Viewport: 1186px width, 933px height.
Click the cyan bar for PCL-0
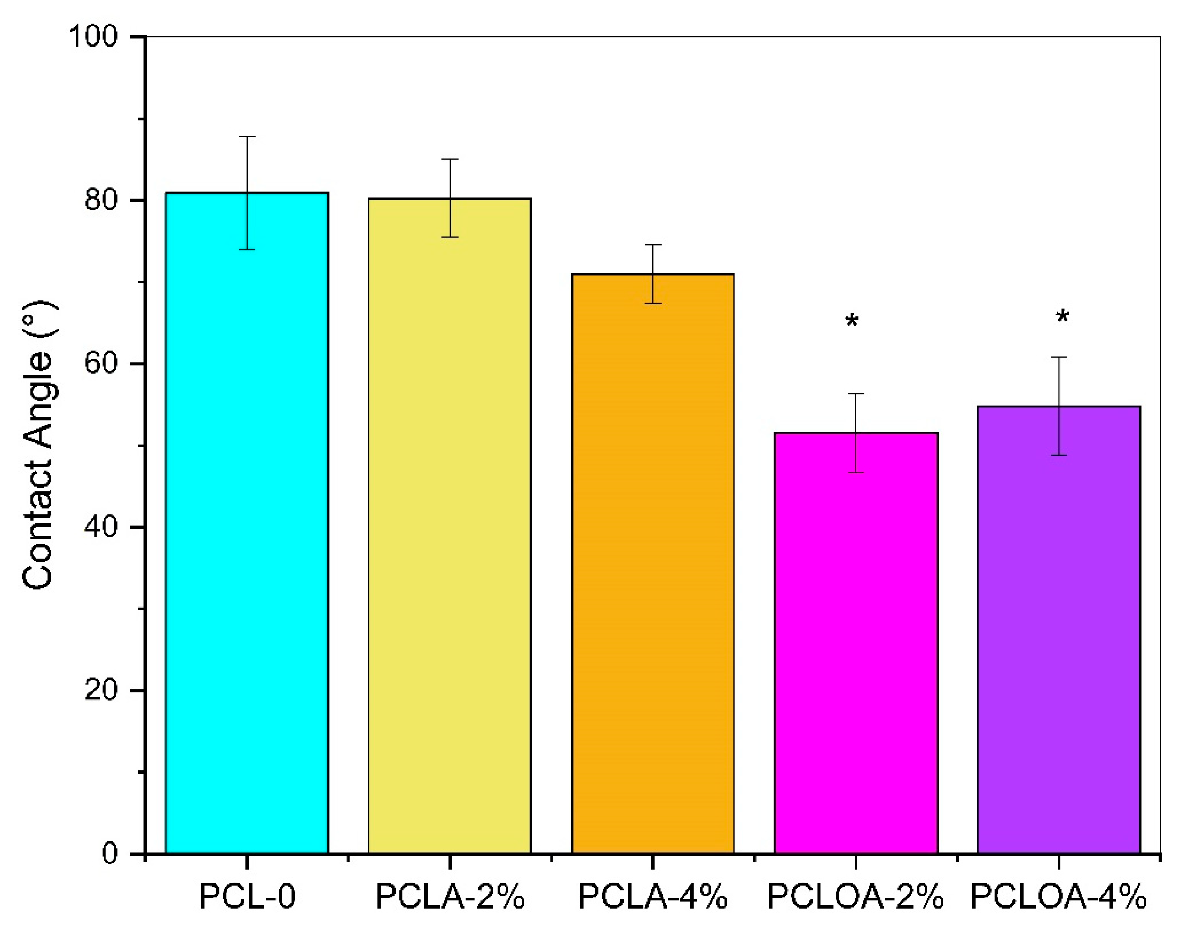coord(247,524)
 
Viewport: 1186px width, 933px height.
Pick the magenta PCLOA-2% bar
coord(856,644)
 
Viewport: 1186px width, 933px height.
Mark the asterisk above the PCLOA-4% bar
coord(1062,317)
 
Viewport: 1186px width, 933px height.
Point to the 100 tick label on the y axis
coord(93,36)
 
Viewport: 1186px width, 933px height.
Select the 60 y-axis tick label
coord(101,363)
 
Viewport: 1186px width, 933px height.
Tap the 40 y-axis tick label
coord(101,527)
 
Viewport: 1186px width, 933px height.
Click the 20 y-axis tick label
coord(101,690)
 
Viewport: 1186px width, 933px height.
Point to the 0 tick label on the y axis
coord(109,853)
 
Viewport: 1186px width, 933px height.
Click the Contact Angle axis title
coord(38,445)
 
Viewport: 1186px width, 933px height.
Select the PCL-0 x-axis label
coord(247,897)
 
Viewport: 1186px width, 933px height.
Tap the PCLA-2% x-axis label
coord(450,897)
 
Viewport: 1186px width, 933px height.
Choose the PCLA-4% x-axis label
coord(653,897)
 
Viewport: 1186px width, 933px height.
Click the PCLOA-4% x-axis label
coord(1058,897)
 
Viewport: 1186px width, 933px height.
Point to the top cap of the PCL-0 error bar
coord(247,137)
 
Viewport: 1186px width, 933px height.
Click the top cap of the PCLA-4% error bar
coord(653,245)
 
